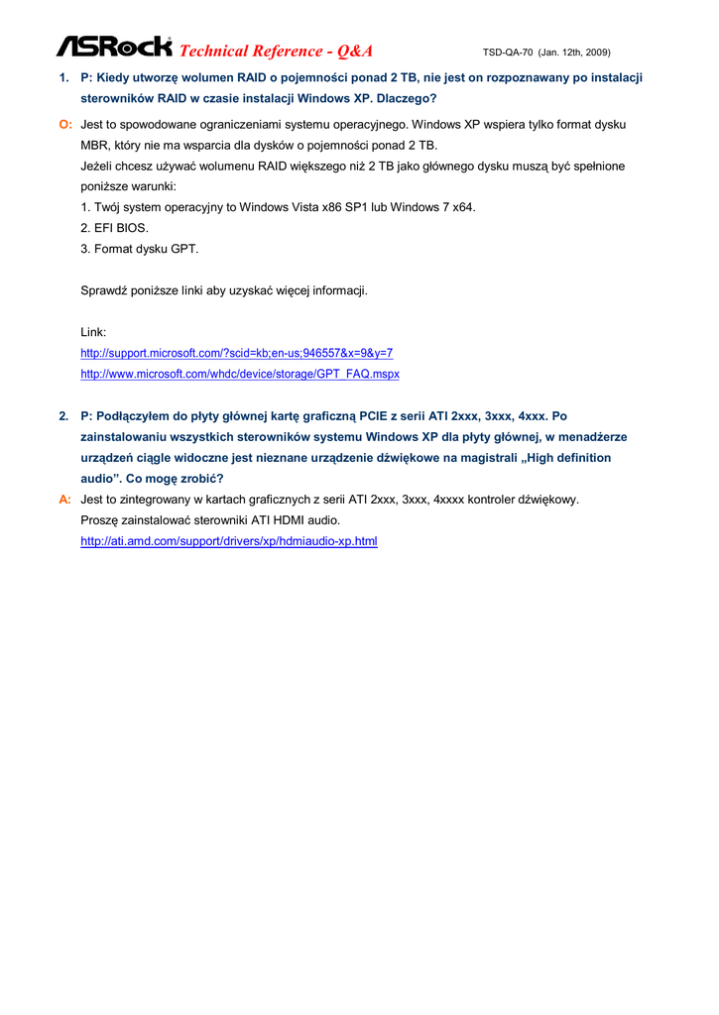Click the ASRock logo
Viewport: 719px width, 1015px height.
tap(114, 47)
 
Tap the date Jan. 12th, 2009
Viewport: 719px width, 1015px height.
tap(574, 52)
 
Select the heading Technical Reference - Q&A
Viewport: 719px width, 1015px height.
tap(277, 51)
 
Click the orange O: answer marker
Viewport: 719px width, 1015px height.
tap(65, 124)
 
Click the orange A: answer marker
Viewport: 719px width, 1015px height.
tap(65, 500)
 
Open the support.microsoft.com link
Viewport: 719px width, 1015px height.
tap(236, 353)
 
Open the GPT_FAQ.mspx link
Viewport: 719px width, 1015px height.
tap(239, 374)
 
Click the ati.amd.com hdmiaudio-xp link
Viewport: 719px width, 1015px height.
tap(228, 541)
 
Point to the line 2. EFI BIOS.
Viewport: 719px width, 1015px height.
tap(114, 228)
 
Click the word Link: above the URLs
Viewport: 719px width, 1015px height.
tap(93, 332)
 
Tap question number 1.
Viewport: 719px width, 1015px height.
tap(63, 77)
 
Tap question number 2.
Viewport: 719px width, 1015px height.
tap(63, 415)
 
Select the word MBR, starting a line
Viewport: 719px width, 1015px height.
tap(95, 145)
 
